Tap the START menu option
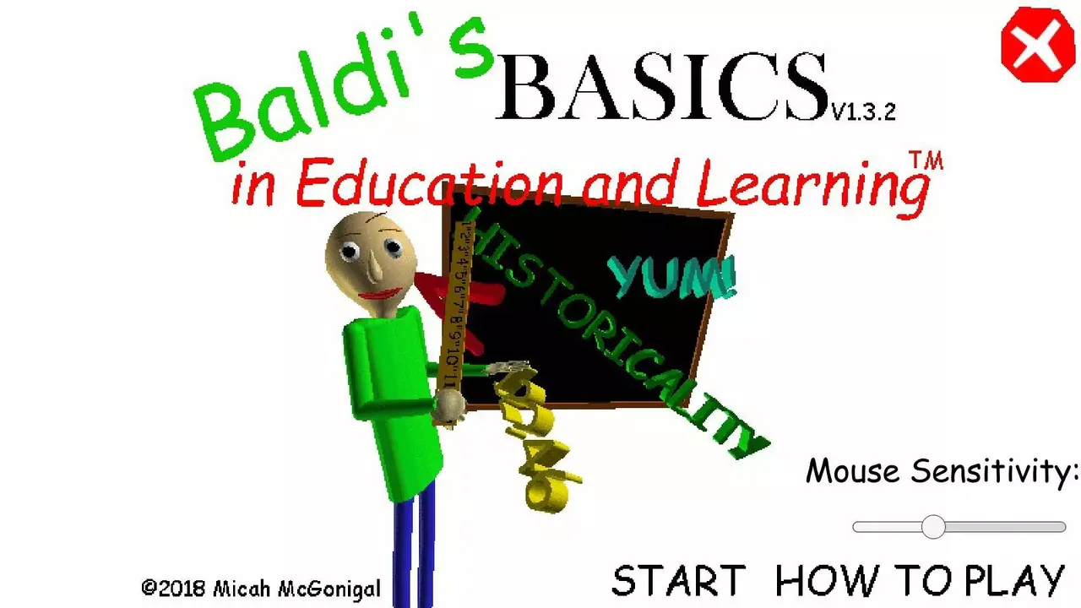[678, 581]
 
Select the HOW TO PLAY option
[920, 581]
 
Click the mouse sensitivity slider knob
[933, 527]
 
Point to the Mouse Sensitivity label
[942, 471]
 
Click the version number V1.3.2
[862, 111]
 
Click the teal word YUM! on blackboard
[672, 276]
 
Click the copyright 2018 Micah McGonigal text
[260, 589]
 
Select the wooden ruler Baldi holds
[457, 312]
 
